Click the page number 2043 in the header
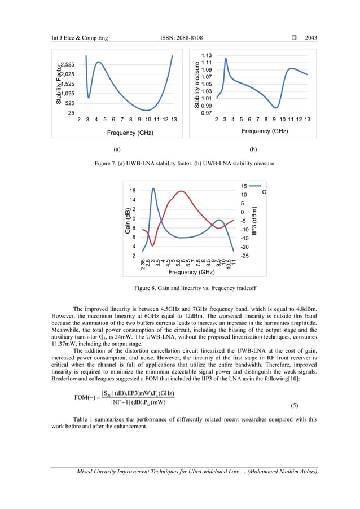tap(311, 38)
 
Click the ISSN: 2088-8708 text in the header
tap(186, 38)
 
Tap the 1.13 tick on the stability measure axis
tap(207, 55)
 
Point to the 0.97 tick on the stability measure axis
tap(207, 113)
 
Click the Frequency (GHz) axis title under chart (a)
tap(130, 133)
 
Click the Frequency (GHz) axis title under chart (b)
tap(265, 131)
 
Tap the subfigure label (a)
tap(117, 150)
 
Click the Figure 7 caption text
tap(179, 164)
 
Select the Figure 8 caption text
tap(179, 288)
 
